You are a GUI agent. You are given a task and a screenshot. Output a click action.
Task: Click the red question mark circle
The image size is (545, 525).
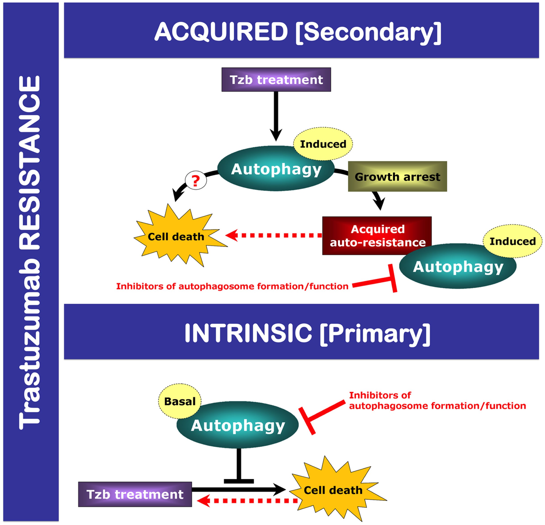pyautogui.click(x=196, y=181)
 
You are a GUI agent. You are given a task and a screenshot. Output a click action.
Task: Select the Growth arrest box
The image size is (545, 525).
pyautogui.click(x=397, y=176)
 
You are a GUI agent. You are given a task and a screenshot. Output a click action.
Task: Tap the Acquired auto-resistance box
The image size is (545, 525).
pyautogui.click(x=377, y=236)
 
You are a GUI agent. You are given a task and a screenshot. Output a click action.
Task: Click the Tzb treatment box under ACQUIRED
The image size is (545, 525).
pyautogui.click(x=276, y=80)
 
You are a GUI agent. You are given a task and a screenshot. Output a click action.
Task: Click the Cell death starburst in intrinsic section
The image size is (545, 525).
pyautogui.click(x=333, y=490)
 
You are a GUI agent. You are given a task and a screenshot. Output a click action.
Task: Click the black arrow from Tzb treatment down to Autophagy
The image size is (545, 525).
pyautogui.click(x=276, y=115)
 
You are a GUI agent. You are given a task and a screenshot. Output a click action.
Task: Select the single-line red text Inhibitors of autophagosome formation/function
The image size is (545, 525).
pyautogui.click(x=232, y=286)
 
